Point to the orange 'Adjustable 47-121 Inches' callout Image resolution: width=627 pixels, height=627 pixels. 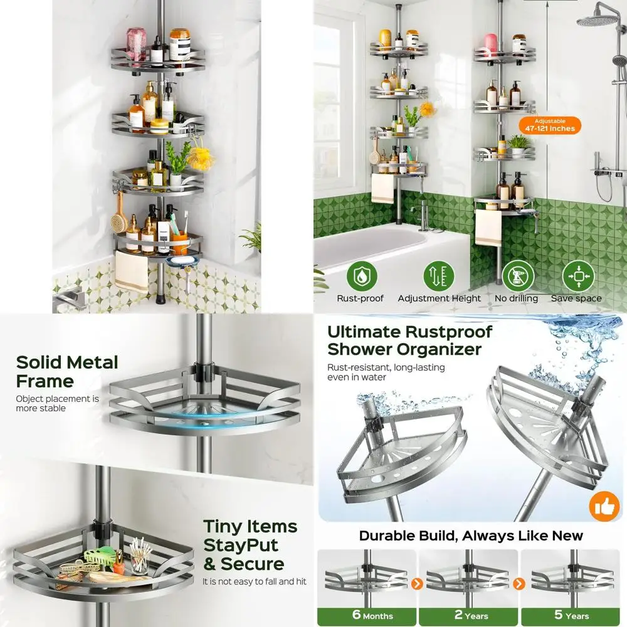[x=550, y=125]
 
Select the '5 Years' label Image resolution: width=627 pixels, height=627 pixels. [x=571, y=615]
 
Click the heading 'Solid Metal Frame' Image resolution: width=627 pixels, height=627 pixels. [x=66, y=371]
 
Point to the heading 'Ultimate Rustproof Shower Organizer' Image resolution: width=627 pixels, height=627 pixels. [x=409, y=340]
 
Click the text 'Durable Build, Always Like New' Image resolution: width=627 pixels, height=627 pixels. [x=471, y=535]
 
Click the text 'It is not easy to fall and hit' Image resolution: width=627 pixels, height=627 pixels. [x=255, y=581]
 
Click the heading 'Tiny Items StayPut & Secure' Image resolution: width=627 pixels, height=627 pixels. [x=250, y=544]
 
